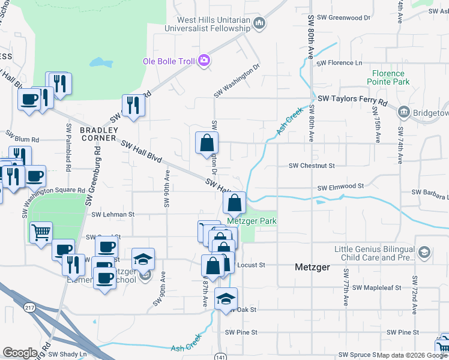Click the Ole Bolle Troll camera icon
pyautogui.click(x=204, y=60)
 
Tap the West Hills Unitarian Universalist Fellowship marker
pyautogui.click(x=259, y=24)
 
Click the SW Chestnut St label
pyautogui.click(x=312, y=166)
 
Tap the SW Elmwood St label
pyautogui.click(x=341, y=187)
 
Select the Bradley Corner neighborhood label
pyautogui.click(x=98, y=134)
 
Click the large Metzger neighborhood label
pyautogui.click(x=313, y=267)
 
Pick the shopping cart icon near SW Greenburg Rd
pyautogui.click(x=40, y=231)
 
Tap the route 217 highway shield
pyautogui.click(x=29, y=308)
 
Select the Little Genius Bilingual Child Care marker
pyautogui.click(x=424, y=252)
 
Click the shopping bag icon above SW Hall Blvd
pyautogui.click(x=206, y=143)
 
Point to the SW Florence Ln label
pyautogui.click(x=340, y=63)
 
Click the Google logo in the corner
pyautogui.click(x=20, y=353)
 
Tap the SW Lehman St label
pyautogui.click(x=113, y=214)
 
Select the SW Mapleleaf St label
pyautogui.click(x=376, y=288)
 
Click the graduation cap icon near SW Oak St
pyautogui.click(x=226, y=298)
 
